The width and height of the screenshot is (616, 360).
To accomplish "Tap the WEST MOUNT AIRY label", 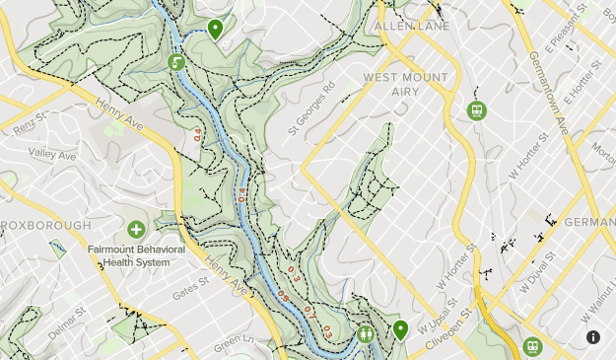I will [x=405, y=84].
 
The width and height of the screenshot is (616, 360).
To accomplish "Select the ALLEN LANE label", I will [x=411, y=26].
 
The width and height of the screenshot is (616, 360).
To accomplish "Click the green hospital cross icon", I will [x=136, y=230].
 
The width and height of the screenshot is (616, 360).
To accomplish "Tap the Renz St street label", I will [x=25, y=125].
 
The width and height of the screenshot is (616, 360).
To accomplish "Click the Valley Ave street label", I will [x=52, y=155].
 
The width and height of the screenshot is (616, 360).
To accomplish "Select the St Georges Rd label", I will [x=312, y=108].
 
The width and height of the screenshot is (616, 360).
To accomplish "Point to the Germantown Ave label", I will [x=560, y=99].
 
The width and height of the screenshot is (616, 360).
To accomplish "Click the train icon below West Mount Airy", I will [x=476, y=110].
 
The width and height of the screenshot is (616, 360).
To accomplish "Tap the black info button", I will [x=593, y=337].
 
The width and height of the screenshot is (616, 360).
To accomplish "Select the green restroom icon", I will [x=366, y=334].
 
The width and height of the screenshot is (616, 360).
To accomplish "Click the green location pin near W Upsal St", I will [x=400, y=328].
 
